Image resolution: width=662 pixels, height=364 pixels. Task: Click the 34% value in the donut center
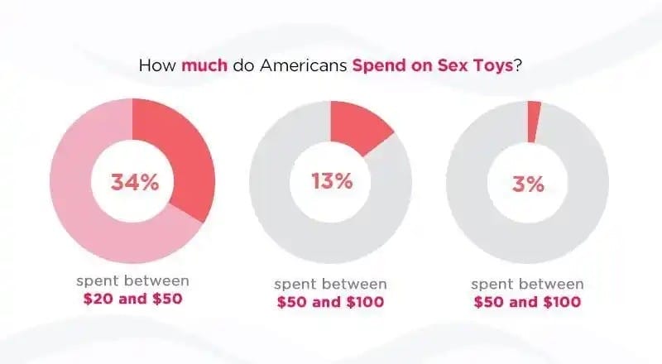point(134,182)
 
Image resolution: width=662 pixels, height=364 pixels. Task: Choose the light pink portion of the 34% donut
point(83,199)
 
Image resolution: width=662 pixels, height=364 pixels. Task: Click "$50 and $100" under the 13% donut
point(331,302)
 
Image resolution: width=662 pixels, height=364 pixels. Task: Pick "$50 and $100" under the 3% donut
point(528,302)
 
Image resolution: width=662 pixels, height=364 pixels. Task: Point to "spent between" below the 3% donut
point(528,284)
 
